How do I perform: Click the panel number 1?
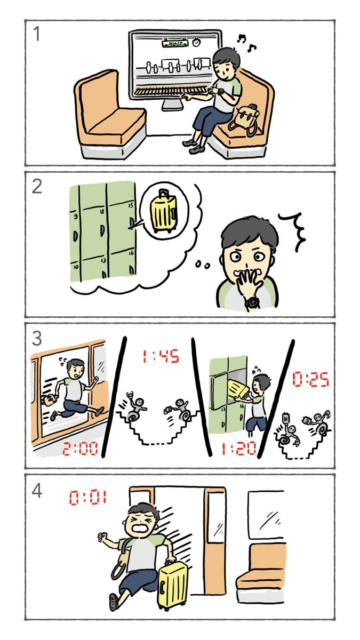pos(37,35)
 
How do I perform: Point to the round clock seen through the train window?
pos(197,41)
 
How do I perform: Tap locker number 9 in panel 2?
pos(75,217)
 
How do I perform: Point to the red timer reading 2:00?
pos(80,450)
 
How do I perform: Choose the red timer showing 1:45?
pos(160,356)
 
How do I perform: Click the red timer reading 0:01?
pos(88,498)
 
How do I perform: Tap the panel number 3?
pos(37,338)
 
